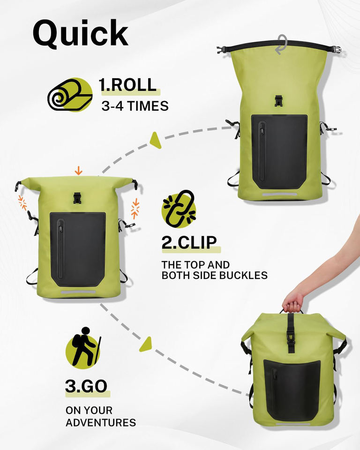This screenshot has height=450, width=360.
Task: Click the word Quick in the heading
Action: pos(80,34)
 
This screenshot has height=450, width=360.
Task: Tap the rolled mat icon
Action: pos(70,95)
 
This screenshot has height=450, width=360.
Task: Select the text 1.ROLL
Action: pos(127,85)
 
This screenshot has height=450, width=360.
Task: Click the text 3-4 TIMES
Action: pos(135,106)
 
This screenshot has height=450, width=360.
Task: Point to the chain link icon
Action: pos(179,209)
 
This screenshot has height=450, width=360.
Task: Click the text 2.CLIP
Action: pos(189,243)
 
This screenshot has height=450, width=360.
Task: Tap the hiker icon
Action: pos(83,347)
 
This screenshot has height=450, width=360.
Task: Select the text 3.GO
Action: pos(86,386)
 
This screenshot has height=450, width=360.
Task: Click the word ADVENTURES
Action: pos(101,422)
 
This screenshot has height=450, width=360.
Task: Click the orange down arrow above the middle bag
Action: pos(78,171)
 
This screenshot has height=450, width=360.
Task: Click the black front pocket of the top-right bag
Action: pos(279,151)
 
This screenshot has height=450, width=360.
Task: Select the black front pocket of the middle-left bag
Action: pos(78,249)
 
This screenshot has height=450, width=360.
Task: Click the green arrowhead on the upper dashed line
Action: pos(156,140)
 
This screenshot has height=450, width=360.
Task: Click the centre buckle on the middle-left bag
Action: pos(77,198)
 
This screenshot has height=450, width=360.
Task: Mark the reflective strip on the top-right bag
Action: pos(280,195)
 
